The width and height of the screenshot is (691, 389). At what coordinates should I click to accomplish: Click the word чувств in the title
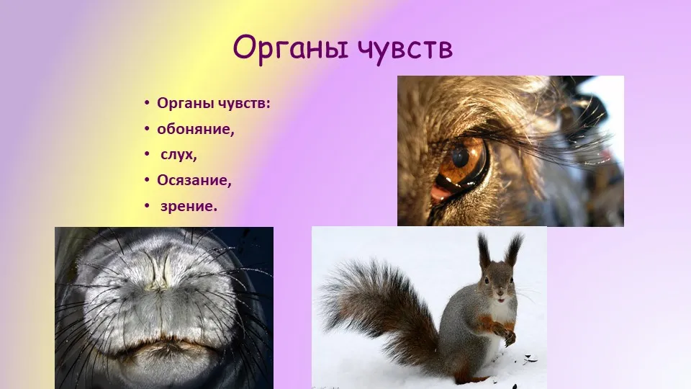[405, 48]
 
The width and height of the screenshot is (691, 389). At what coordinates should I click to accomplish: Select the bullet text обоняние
[196, 129]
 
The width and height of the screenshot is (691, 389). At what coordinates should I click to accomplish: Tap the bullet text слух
[179, 155]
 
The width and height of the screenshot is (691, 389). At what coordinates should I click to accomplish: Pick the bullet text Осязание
[194, 180]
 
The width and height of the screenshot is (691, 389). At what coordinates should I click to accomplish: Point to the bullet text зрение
[189, 206]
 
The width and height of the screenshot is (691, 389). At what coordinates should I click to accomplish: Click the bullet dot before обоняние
[147, 129]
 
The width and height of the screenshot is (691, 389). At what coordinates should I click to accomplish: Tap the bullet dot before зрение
[147, 205]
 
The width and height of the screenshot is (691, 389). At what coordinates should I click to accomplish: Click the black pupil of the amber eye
[461, 157]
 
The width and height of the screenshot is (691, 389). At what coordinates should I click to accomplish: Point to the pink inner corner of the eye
[440, 194]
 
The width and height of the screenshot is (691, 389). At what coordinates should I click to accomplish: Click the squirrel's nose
[500, 292]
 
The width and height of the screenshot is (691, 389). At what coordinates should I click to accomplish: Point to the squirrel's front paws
[505, 334]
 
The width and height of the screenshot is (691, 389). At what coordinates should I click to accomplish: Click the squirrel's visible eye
[487, 280]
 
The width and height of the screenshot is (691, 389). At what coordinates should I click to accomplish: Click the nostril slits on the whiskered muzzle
[160, 272]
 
